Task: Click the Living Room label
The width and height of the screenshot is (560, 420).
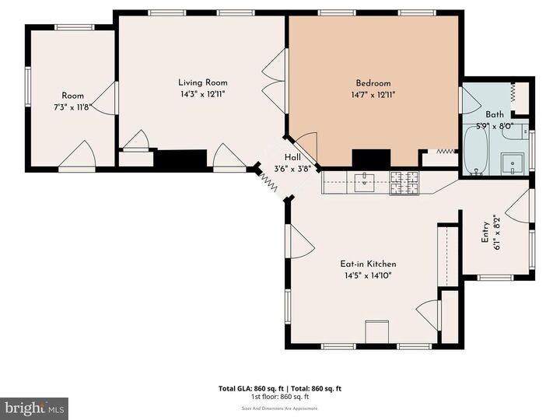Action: pos(202,82)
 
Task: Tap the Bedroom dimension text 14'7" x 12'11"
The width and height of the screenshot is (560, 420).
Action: pos(373,94)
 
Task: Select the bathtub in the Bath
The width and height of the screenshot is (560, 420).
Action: pos(476,151)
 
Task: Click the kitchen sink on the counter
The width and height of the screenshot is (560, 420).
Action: pos(363,183)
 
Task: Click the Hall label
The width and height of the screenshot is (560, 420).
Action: pos(292,156)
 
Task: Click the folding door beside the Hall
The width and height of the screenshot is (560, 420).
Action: pos(268,181)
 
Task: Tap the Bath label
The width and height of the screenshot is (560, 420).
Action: pos(495,114)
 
